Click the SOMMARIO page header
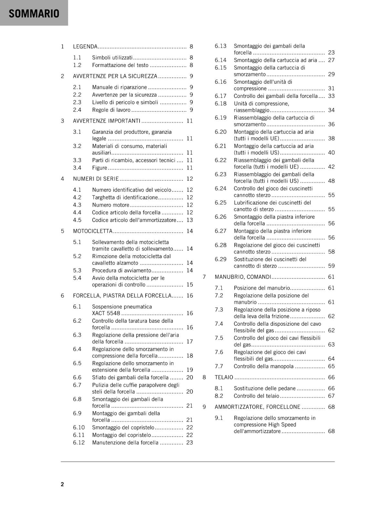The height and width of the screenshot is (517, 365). tap(34, 14)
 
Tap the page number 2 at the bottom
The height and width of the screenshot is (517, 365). tap(62, 484)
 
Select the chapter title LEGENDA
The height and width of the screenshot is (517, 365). tap(85, 47)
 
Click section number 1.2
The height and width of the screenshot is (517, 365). tap(77, 65)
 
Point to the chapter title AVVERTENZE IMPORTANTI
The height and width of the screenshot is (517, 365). tap(107, 121)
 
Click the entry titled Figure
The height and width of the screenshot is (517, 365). tap(99, 168)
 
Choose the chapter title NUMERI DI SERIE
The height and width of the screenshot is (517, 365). tap(96, 179)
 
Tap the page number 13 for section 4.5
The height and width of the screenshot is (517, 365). tap(190, 220)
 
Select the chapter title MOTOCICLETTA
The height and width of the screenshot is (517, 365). tap(93, 231)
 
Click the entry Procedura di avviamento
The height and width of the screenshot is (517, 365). tap(121, 270)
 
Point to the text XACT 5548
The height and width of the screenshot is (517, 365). tap(106, 313)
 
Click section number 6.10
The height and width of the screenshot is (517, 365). tap(78, 427)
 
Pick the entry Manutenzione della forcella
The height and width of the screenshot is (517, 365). tap(125, 443)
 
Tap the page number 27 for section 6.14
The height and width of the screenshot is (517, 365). tap(331, 60)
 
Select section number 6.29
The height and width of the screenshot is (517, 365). tap(221, 259)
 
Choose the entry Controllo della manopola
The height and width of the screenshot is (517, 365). tap(264, 366)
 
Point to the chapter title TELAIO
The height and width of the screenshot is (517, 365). tap(224, 377)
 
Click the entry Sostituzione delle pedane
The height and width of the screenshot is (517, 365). tap(265, 388)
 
